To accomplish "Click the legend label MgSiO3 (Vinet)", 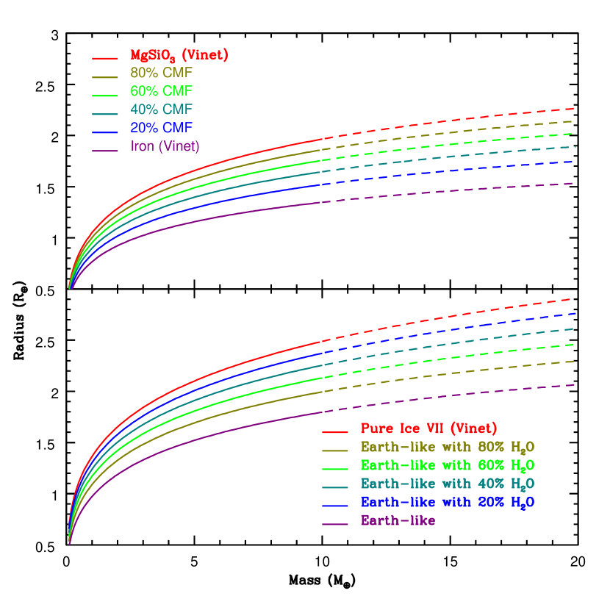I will click(x=179, y=55).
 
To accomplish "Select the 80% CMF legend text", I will click(x=161, y=73).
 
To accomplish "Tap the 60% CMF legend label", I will click(x=161, y=92).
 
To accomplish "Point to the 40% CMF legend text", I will click(x=161, y=110).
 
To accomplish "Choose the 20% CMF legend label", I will click(x=161, y=128).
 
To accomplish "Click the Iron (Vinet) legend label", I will click(x=165, y=146).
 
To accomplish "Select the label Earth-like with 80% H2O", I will click(x=447, y=447).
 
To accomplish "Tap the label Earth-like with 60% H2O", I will click(x=447, y=465).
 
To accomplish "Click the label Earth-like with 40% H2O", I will click(x=447, y=484).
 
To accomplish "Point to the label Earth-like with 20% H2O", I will click(x=447, y=502).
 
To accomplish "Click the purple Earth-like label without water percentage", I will click(x=398, y=520).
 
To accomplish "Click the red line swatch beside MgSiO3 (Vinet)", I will click(x=105, y=58).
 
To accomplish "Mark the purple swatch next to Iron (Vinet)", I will click(x=105, y=150).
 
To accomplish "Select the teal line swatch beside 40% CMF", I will click(x=105, y=113).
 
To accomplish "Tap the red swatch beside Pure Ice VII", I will click(x=334, y=432).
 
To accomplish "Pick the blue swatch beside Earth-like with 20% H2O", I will click(x=334, y=506).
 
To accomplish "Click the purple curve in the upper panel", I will click(x=220, y=218).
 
